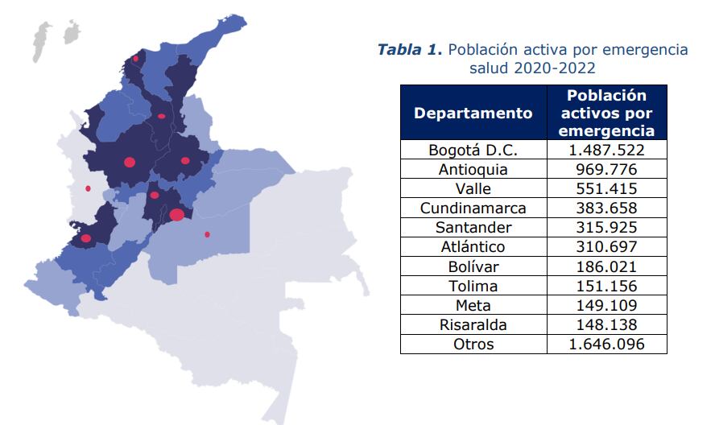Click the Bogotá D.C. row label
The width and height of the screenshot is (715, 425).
click(473, 151)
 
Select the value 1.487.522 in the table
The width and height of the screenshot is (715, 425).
click(606, 151)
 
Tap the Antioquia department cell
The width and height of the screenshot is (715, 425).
click(473, 170)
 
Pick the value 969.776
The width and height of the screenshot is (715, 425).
click(606, 170)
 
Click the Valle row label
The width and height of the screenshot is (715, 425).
click(473, 189)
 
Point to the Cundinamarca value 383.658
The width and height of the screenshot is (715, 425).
click(606, 208)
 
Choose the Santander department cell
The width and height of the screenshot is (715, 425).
click(473, 228)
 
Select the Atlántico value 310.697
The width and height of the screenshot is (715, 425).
click(606, 247)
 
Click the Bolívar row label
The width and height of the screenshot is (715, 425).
click(473, 266)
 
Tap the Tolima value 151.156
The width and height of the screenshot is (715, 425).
click(606, 286)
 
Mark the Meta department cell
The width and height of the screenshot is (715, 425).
click(473, 305)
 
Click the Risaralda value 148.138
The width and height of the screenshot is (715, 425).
click(606, 324)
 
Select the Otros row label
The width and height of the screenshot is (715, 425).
click(473, 344)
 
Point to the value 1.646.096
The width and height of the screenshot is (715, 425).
click(606, 344)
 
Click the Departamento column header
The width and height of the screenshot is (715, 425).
click(473, 113)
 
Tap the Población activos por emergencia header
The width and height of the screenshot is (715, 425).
click(606, 113)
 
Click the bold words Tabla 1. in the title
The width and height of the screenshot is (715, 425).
click(410, 50)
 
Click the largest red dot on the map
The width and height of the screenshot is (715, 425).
click(177, 214)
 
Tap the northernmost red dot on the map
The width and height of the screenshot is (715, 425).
click(135, 59)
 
